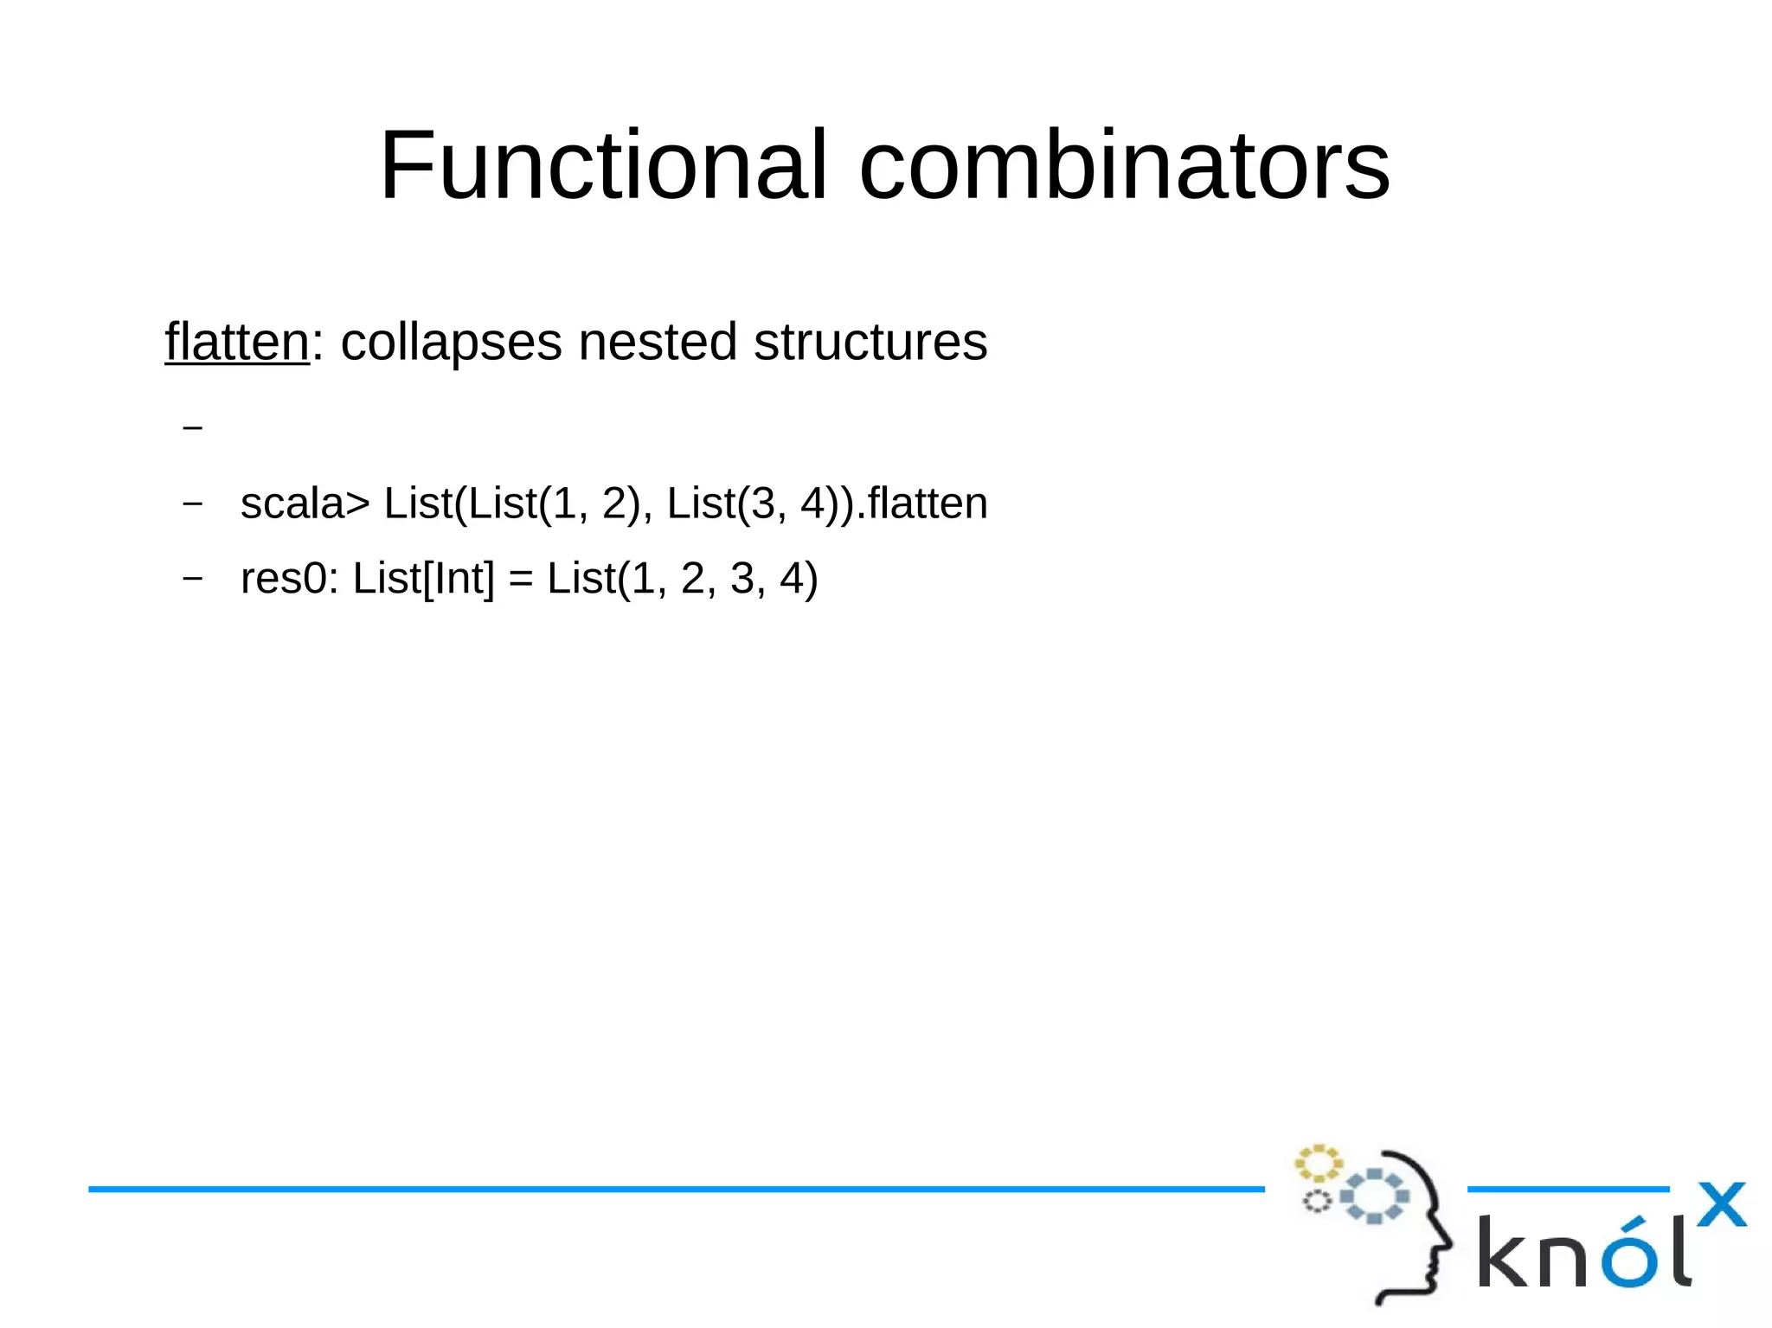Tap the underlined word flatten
(236, 342)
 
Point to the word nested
(658, 342)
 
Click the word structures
(870, 342)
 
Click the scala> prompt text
(305, 504)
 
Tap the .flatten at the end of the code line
(922, 503)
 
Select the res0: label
(289, 579)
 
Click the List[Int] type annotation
(424, 579)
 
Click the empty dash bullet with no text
(193, 427)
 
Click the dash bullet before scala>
(193, 503)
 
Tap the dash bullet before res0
(193, 578)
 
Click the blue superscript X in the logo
(1721, 1204)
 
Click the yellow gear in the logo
(1318, 1163)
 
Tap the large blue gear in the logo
(1374, 1196)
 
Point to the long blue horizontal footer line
(675, 1190)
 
